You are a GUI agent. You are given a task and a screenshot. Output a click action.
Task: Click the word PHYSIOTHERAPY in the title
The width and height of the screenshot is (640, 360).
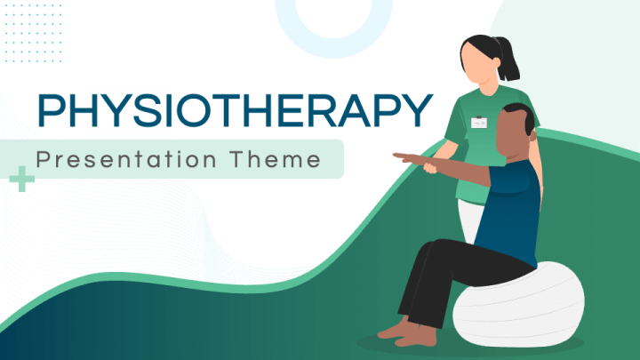point(235,110)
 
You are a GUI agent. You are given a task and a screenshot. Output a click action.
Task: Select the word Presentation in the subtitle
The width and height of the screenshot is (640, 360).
point(126,159)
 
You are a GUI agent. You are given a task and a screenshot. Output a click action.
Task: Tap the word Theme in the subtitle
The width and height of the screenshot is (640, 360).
point(276,159)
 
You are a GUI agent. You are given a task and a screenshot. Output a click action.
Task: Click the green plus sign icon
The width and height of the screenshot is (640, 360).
point(21,179)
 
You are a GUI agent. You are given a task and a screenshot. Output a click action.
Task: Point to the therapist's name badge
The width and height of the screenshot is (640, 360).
point(479,122)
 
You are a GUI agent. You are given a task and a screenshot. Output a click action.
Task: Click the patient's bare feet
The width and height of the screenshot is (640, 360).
point(408,332)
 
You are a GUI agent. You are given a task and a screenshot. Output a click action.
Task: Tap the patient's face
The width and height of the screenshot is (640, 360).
point(510,132)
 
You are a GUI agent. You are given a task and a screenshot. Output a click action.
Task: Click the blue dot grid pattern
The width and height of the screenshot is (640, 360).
point(33,33)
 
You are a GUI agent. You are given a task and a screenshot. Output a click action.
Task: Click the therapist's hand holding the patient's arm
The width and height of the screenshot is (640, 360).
point(430,167)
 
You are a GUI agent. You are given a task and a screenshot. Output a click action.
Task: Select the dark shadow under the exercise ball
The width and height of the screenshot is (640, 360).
point(469,345)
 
